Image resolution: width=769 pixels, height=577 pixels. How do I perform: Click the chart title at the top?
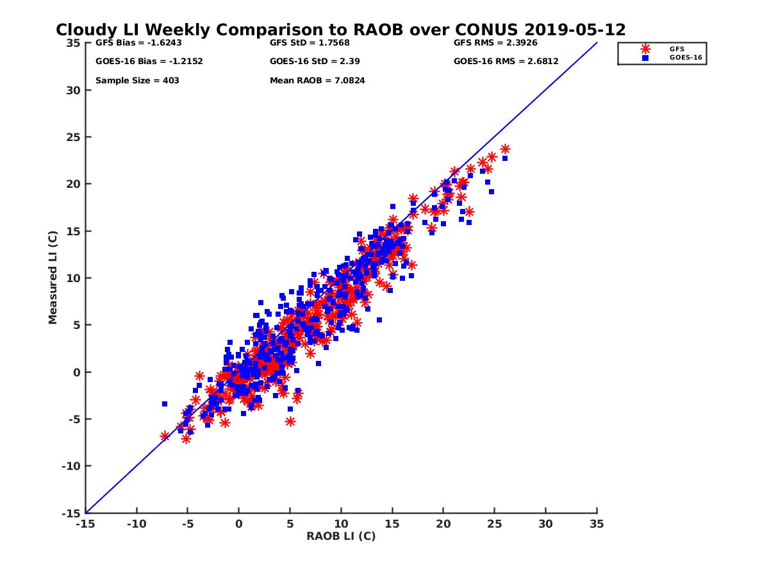[x=341, y=29]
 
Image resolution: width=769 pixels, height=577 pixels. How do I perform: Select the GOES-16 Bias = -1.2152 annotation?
[x=140, y=62]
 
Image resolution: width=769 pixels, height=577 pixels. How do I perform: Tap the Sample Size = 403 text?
[x=137, y=81]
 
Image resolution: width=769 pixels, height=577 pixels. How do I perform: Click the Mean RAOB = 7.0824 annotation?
[x=317, y=81]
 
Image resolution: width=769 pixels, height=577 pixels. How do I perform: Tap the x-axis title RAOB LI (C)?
[x=341, y=536]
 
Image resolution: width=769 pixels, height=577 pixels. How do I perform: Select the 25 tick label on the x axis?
[x=495, y=524]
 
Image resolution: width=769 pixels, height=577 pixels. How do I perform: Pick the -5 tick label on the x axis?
[x=187, y=524]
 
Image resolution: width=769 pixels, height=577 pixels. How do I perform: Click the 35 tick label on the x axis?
[x=597, y=524]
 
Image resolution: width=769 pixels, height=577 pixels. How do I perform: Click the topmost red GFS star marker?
[x=505, y=149]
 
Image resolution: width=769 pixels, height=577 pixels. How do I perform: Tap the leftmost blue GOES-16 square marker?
[x=165, y=404]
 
